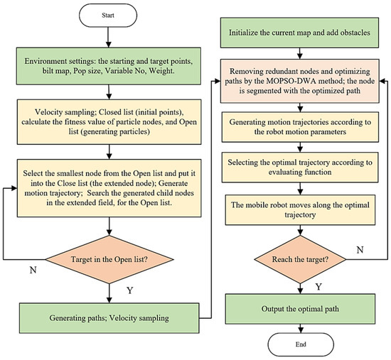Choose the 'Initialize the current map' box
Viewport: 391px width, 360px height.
[x=299, y=34]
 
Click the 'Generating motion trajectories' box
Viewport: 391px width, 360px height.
[x=299, y=128]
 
